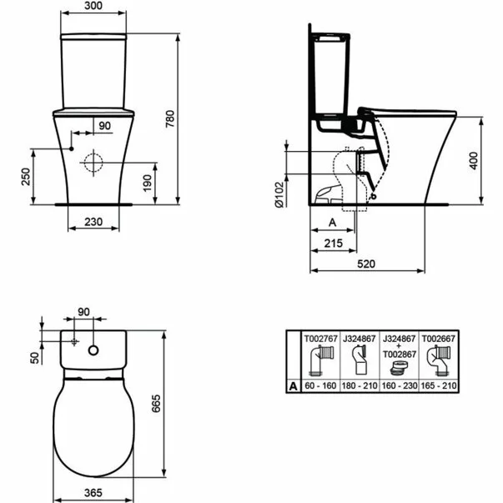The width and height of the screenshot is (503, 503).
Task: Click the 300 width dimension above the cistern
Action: tap(93, 6)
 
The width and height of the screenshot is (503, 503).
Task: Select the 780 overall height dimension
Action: tap(170, 118)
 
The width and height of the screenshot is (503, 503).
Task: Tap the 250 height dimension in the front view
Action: tap(26, 177)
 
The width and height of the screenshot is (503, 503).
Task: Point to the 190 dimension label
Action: tap(148, 184)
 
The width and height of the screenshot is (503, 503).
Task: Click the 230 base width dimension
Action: tap(93, 222)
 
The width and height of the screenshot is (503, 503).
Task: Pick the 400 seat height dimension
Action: tap(474, 161)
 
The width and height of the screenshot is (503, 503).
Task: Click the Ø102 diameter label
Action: tap(279, 194)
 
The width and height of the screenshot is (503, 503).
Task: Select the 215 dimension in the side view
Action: tap(334, 244)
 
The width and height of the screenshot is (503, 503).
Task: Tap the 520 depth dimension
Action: tap(366, 264)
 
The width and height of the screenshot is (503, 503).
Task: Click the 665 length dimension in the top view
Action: tap(156, 404)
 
